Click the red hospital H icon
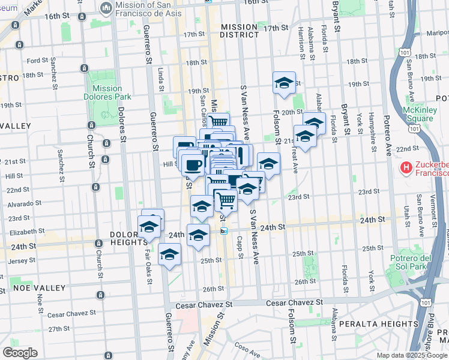(406, 166)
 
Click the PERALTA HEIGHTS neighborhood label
(375, 323)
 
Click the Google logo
(20, 353)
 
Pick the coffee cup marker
(193, 165)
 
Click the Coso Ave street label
(246, 347)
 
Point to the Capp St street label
(240, 252)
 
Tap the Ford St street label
(37, 61)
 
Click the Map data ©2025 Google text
(411, 355)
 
